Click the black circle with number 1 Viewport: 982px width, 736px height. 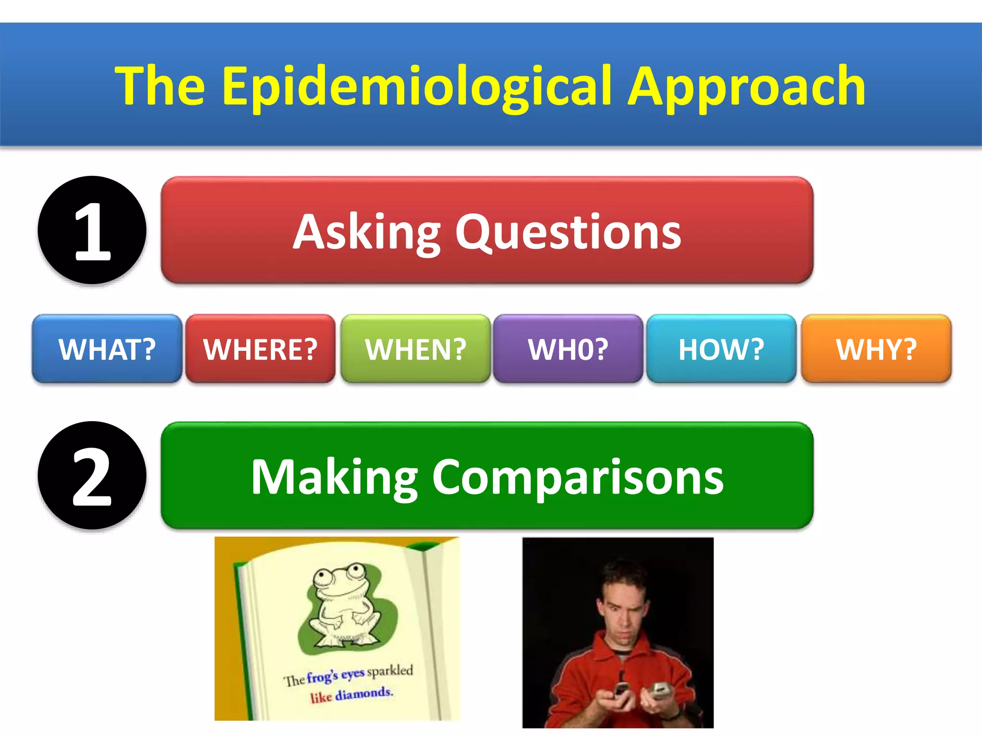[x=92, y=230]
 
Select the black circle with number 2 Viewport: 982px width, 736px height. [x=92, y=475]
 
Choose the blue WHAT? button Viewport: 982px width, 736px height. [x=107, y=349]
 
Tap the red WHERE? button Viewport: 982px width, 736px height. [x=260, y=349]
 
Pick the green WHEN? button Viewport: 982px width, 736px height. [x=415, y=349]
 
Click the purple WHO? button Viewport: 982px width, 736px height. [x=568, y=349]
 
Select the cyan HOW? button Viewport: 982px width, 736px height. [x=721, y=349]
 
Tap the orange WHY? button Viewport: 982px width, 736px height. [x=876, y=349]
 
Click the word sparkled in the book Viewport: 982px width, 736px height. [x=390, y=670]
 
